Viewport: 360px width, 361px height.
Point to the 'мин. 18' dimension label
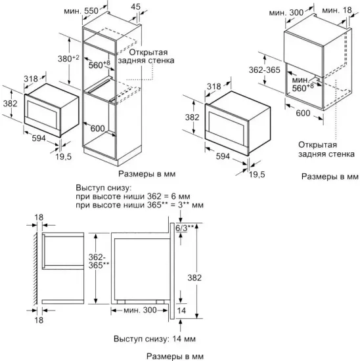pos(341,12)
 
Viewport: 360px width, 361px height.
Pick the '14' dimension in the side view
pos(182,309)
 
